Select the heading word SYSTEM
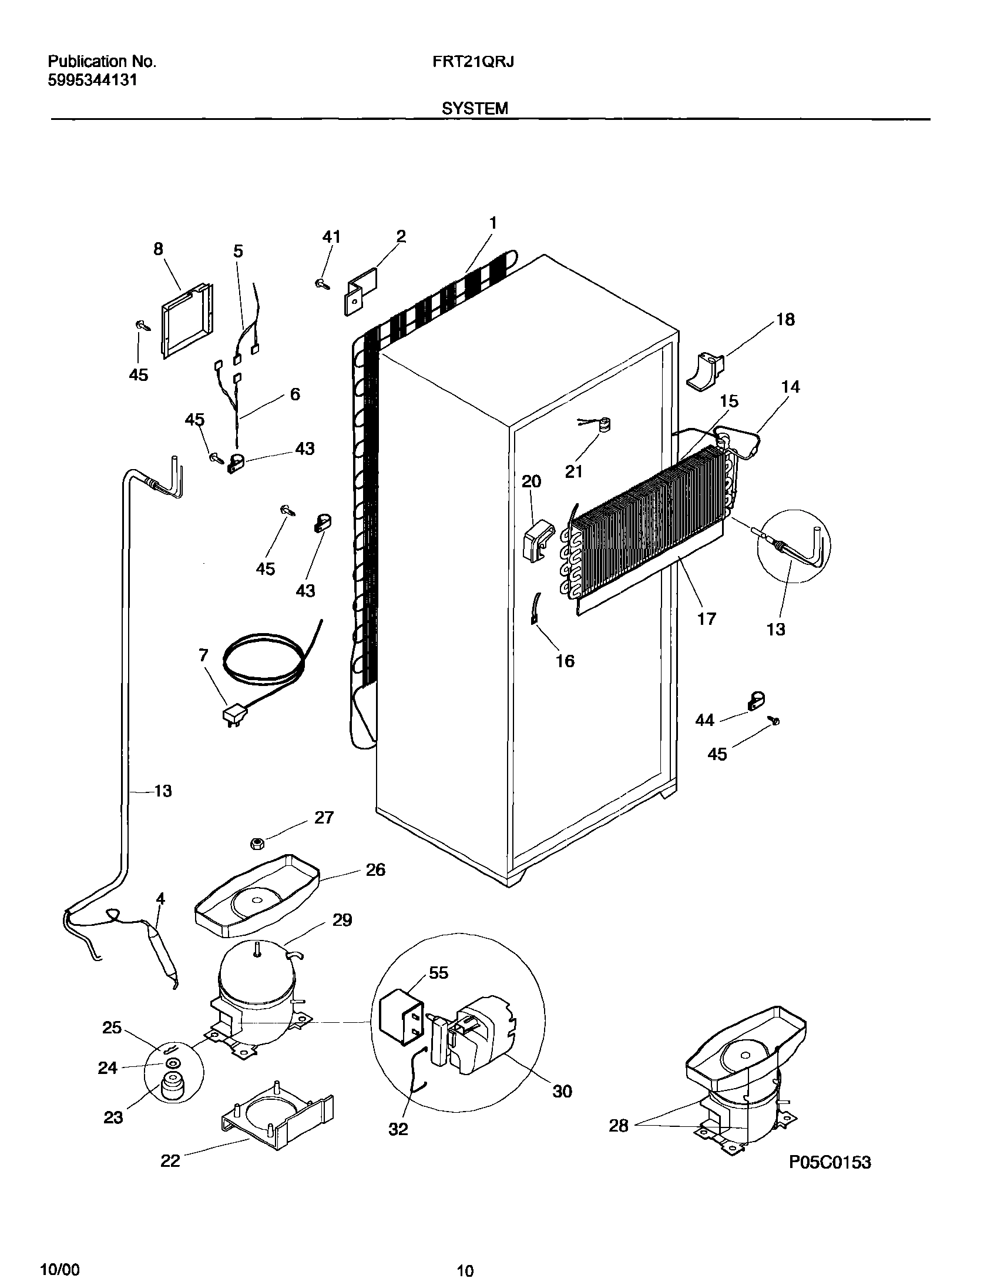pyautogui.click(x=475, y=108)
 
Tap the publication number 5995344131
pyautogui.click(x=92, y=81)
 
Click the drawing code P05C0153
pyautogui.click(x=830, y=1162)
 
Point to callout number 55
pyautogui.click(x=438, y=973)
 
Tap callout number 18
pyautogui.click(x=785, y=319)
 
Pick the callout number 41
pyautogui.click(x=331, y=236)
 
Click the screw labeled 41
pyautogui.click(x=323, y=284)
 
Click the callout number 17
pyautogui.click(x=706, y=618)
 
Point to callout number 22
pyautogui.click(x=170, y=1161)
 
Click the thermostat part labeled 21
pyautogui.click(x=603, y=425)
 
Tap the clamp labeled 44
pyautogui.click(x=755, y=700)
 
